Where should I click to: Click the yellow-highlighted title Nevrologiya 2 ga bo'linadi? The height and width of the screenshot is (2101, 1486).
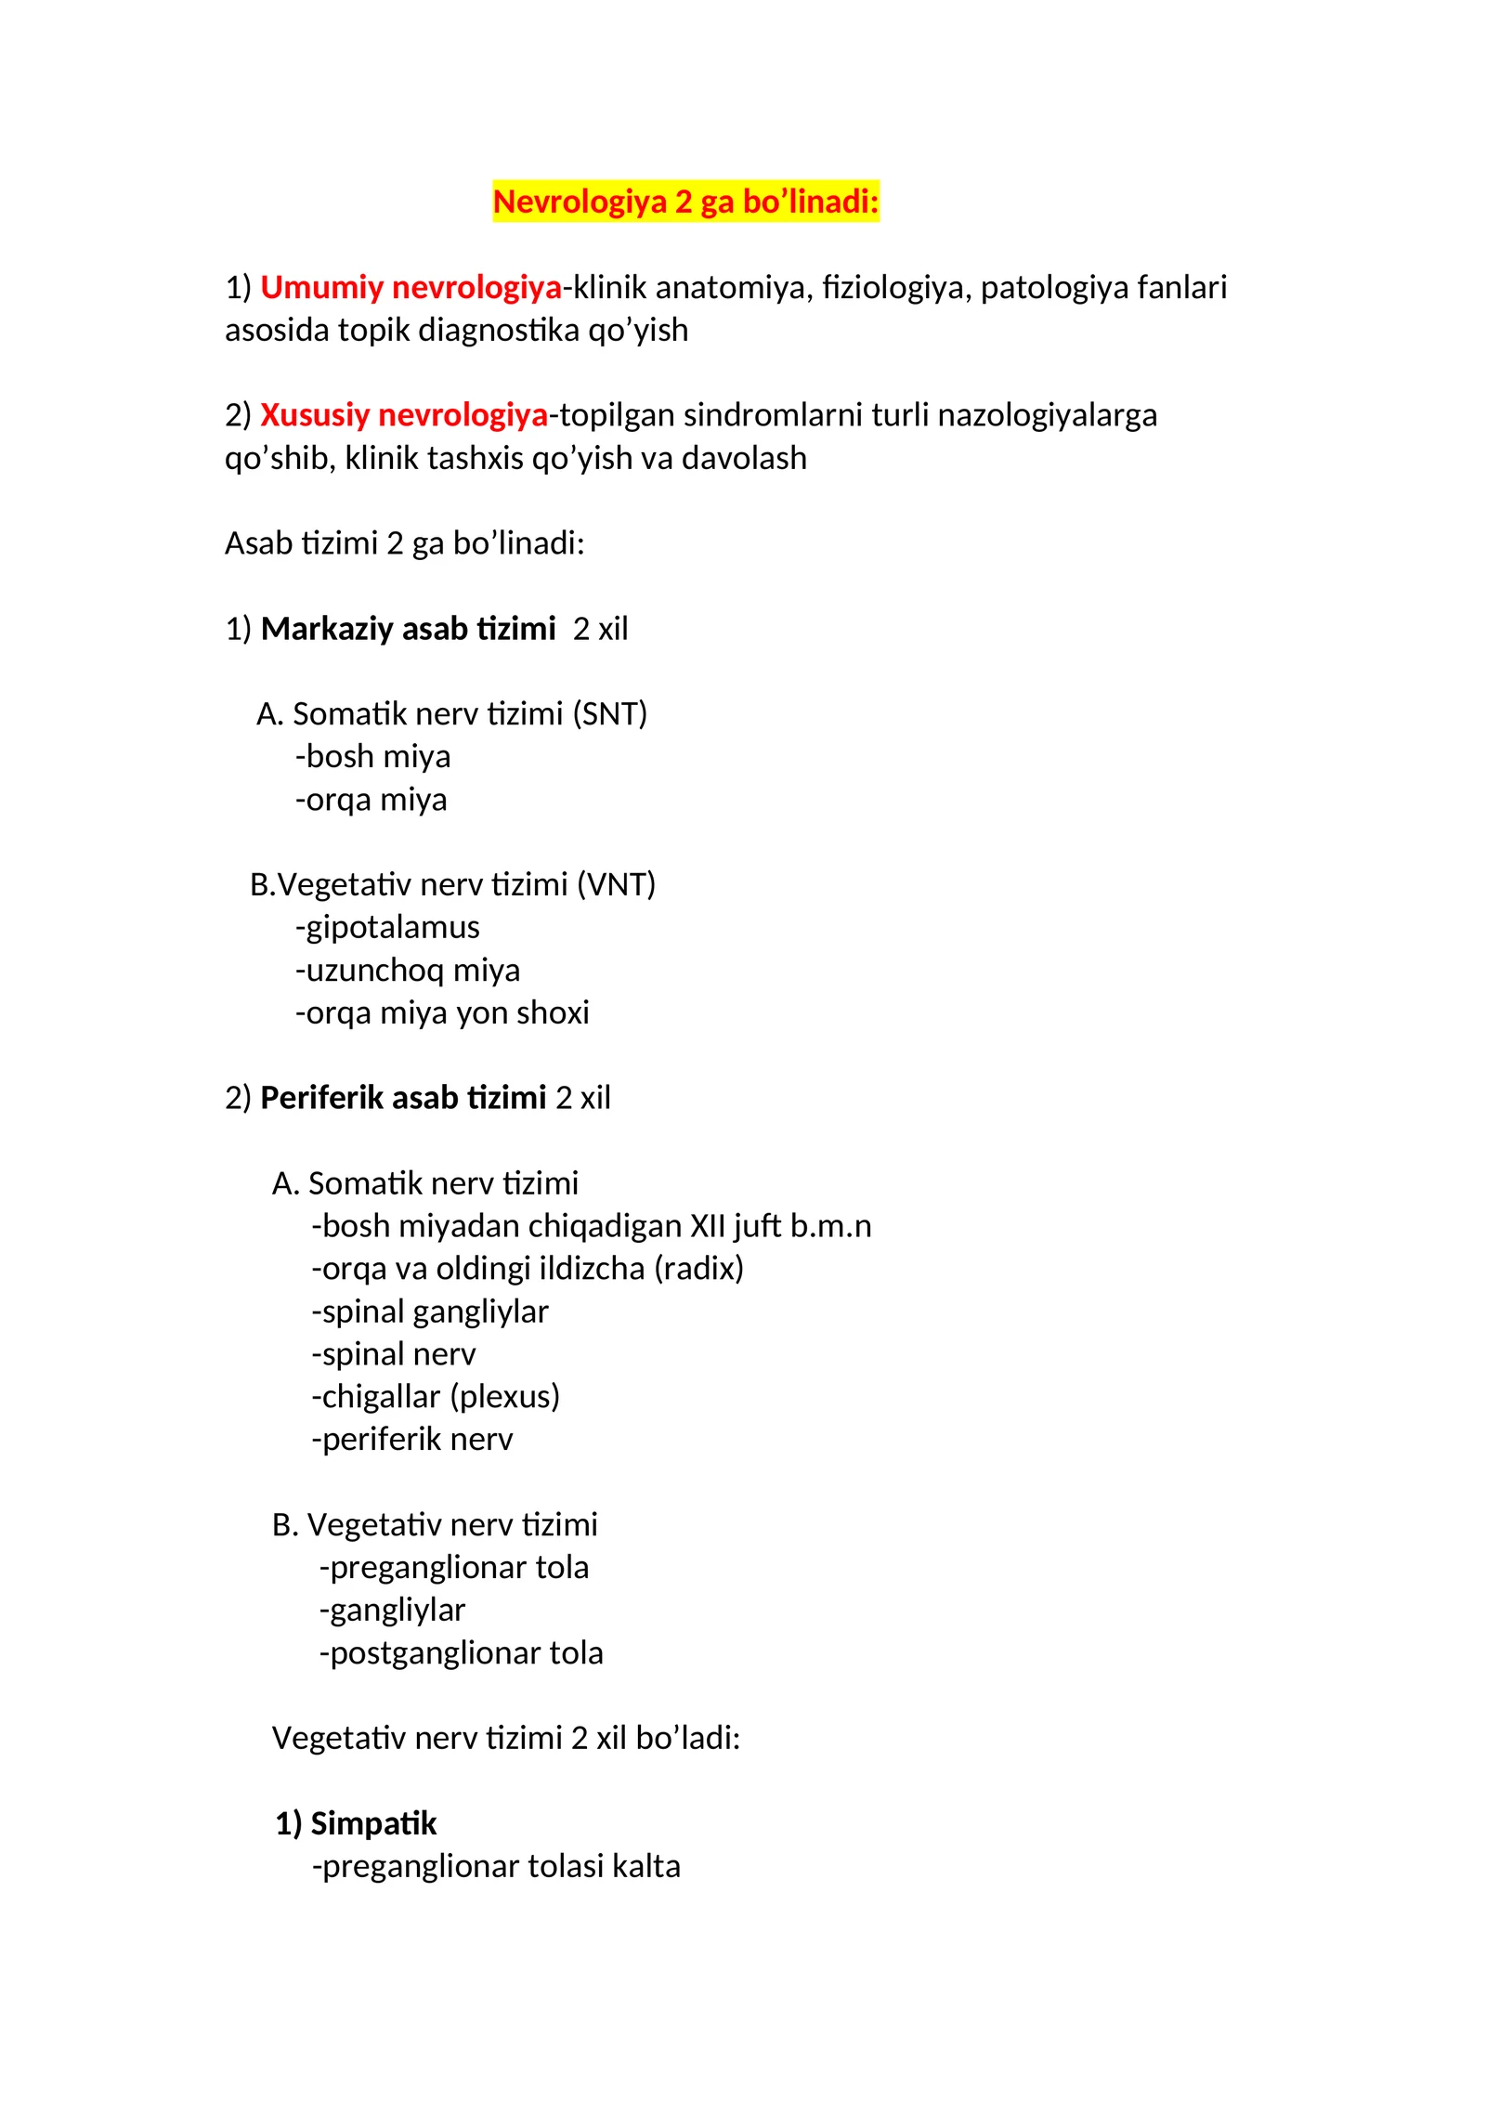684,202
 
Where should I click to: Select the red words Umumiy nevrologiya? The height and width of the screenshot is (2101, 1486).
411,288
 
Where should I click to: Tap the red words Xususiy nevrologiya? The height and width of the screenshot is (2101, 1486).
403,415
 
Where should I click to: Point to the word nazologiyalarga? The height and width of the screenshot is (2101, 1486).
1047,415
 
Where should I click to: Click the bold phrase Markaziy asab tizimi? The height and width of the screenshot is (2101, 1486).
408,629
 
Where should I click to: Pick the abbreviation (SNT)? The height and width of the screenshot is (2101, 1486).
609,714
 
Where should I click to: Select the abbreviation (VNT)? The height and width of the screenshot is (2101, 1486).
616,884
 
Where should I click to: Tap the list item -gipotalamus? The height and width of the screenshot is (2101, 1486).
387,927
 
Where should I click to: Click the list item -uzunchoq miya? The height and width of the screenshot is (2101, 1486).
407,970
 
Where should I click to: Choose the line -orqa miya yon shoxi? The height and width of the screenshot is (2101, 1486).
442,1012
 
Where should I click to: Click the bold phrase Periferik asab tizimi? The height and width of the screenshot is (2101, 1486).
403,1098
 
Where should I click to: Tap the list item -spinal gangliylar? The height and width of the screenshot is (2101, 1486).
430,1311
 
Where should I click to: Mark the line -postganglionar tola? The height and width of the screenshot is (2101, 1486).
461,1652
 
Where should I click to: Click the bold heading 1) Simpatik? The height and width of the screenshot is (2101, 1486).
356,1823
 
